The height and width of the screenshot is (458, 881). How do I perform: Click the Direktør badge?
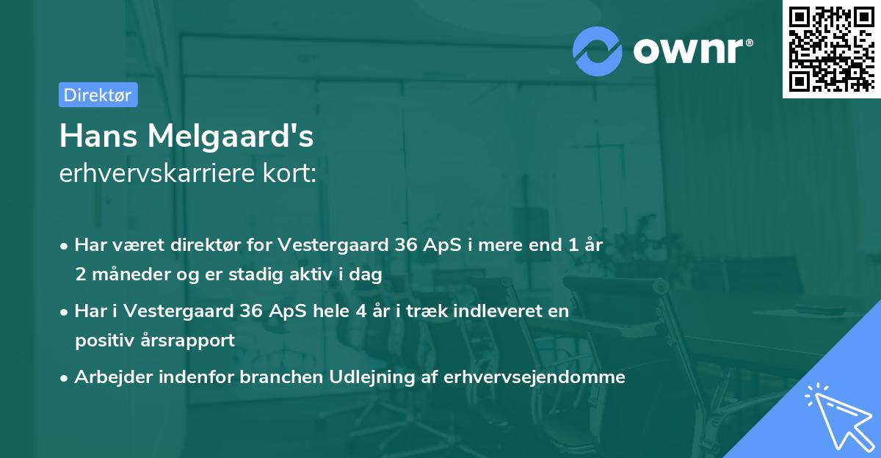98,95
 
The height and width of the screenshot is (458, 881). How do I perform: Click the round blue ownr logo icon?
598,51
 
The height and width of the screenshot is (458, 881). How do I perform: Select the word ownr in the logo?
692,51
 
